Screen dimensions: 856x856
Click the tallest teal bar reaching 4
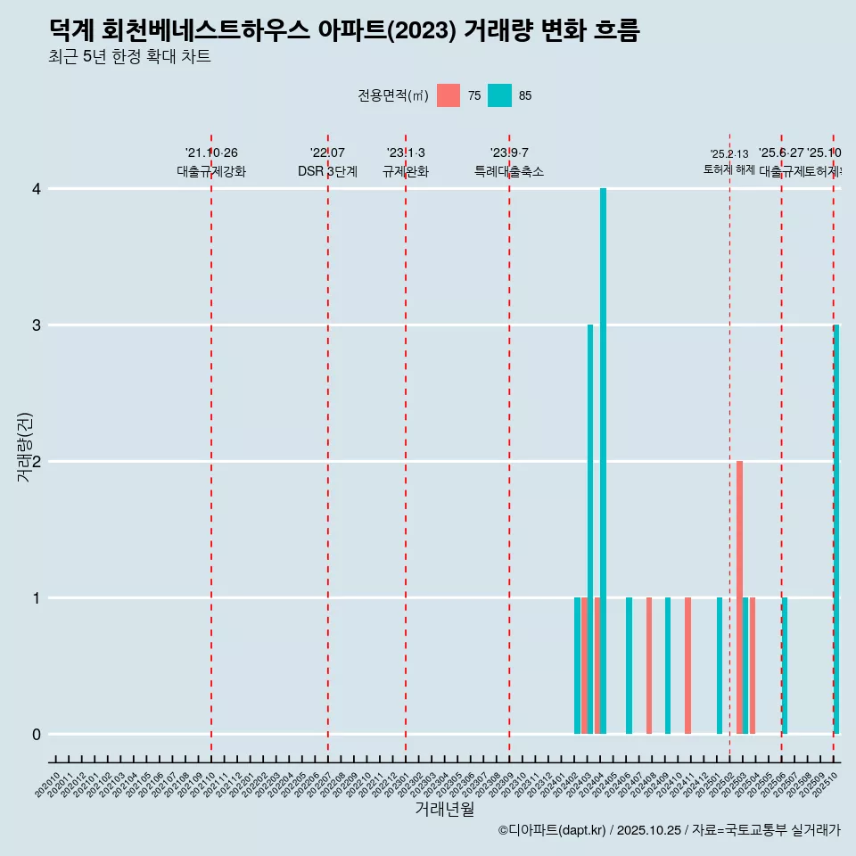pyautogui.click(x=604, y=461)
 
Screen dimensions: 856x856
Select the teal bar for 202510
pyautogui.click(x=836, y=529)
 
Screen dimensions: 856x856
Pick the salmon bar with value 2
pyautogui.click(x=740, y=597)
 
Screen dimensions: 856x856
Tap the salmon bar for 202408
pyautogui.click(x=649, y=665)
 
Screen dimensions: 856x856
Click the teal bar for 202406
pyautogui.click(x=630, y=665)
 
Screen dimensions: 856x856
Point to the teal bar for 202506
pyautogui.click(x=785, y=665)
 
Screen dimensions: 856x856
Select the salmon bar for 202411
pyautogui.click(x=688, y=665)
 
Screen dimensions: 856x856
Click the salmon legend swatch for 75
pyautogui.click(x=449, y=95)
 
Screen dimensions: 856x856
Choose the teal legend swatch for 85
pyautogui.click(x=500, y=95)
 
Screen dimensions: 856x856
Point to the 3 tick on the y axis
pyautogui.click(x=37, y=325)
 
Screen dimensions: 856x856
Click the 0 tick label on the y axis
pyautogui.click(x=37, y=735)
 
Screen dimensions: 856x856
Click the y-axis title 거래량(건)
pyautogui.click(x=25, y=448)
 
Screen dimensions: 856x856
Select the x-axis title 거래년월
pyautogui.click(x=444, y=809)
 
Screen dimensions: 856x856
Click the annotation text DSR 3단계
pyautogui.click(x=327, y=171)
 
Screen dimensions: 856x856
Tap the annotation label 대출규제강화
pyautogui.click(x=211, y=171)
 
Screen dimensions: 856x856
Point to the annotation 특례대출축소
pyautogui.click(x=509, y=171)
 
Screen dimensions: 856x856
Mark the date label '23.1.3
pyautogui.click(x=406, y=153)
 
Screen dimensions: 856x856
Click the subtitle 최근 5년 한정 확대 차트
pyautogui.click(x=130, y=58)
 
